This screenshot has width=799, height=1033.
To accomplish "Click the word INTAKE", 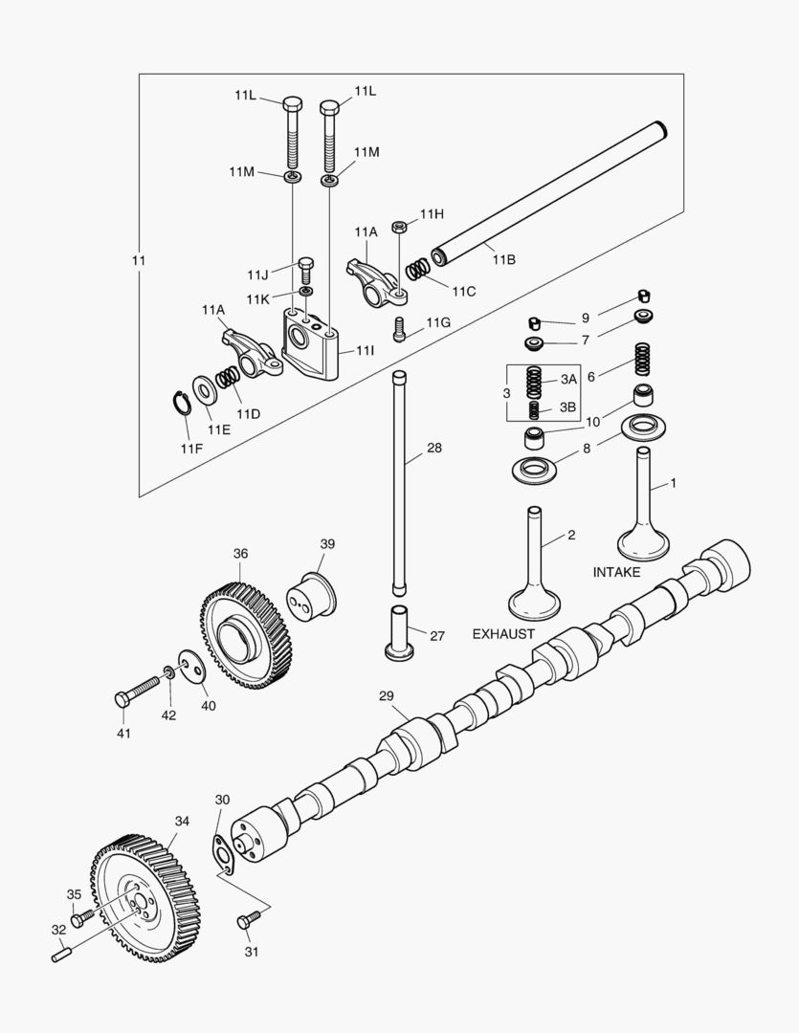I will click(x=617, y=572).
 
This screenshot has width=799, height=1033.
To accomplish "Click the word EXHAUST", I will click(x=504, y=634).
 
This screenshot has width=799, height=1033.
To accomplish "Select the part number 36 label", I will click(x=240, y=554).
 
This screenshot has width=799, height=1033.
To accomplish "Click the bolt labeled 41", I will click(x=140, y=690).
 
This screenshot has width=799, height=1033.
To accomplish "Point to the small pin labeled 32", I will click(x=62, y=952).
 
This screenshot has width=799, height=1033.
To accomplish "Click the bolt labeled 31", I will click(x=248, y=920).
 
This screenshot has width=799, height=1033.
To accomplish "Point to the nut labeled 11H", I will click(x=402, y=227).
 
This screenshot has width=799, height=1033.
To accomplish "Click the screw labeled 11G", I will click(x=401, y=329).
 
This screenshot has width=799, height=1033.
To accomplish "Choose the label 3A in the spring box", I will click(x=568, y=380).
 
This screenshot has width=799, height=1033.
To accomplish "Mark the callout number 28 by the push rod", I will click(x=434, y=448).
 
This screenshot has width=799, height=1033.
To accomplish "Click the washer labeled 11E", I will click(x=204, y=390).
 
